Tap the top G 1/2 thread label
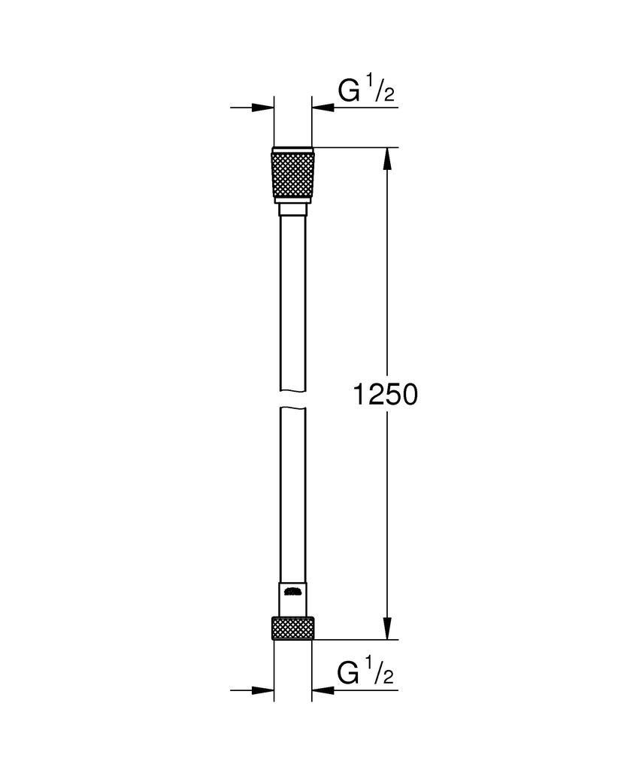366,91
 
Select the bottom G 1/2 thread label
366,672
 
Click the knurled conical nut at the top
293,174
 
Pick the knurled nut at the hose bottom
293,629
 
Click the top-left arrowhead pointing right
263,108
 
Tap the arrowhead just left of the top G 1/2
323,108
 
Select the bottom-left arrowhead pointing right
263,690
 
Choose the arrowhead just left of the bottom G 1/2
323,690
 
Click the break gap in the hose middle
292,399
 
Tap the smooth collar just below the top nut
292,210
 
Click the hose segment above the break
292,301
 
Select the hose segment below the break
292,489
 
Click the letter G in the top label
349,92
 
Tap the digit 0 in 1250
406,393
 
